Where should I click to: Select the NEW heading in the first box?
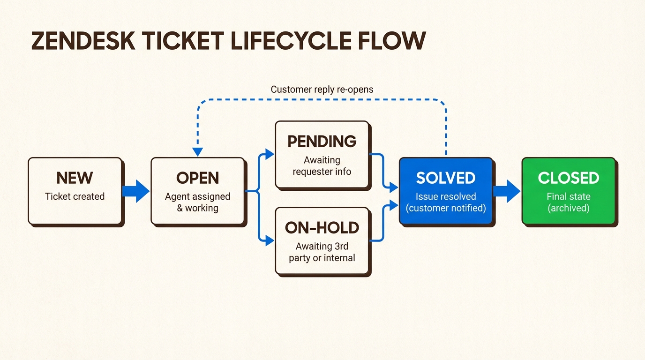pyautogui.click(x=75, y=178)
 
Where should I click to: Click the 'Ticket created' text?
pyautogui.click(x=75, y=196)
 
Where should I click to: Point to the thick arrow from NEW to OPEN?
pyautogui.click(x=136, y=191)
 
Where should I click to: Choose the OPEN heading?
pyautogui.click(x=197, y=178)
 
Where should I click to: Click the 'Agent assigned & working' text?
pyautogui.click(x=197, y=202)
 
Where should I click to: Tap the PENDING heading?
pyautogui.click(x=322, y=142)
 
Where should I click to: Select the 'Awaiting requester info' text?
pyautogui.click(x=322, y=166)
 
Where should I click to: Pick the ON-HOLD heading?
pyautogui.click(x=322, y=228)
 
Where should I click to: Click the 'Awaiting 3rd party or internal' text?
pyautogui.click(x=322, y=252)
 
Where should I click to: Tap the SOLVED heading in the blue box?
pyautogui.click(x=446, y=178)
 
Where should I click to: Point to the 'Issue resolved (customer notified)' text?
pyautogui.click(x=446, y=202)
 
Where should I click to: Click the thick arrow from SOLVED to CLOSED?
pyautogui.click(x=507, y=191)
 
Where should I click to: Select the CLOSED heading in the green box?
pyautogui.click(x=568, y=178)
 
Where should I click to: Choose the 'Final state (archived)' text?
pyautogui.click(x=568, y=202)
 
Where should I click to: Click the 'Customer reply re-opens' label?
pyautogui.click(x=322, y=89)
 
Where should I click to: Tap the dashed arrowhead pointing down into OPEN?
pyautogui.click(x=197, y=152)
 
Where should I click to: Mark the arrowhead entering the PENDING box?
pyautogui.click(x=270, y=154)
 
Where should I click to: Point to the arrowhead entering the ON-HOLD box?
pyautogui.click(x=270, y=241)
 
